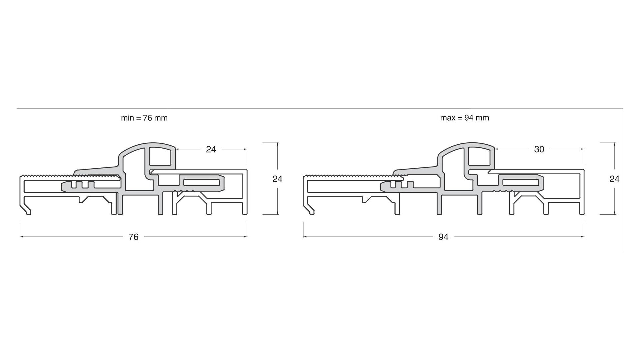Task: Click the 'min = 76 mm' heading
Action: [144, 118]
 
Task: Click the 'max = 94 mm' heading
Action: [465, 118]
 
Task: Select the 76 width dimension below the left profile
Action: [133, 237]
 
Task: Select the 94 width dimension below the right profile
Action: [443, 237]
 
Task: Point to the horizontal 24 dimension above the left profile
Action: [211, 149]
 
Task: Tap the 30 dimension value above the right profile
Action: [539, 149]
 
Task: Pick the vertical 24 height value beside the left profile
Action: [277, 179]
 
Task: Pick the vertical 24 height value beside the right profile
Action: [614, 179]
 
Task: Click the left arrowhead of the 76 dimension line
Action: [22, 237]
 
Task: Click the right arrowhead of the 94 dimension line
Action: [582, 237]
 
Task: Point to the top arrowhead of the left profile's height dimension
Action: [277, 145]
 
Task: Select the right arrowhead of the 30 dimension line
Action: [582, 149]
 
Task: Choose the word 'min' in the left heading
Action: [127, 118]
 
